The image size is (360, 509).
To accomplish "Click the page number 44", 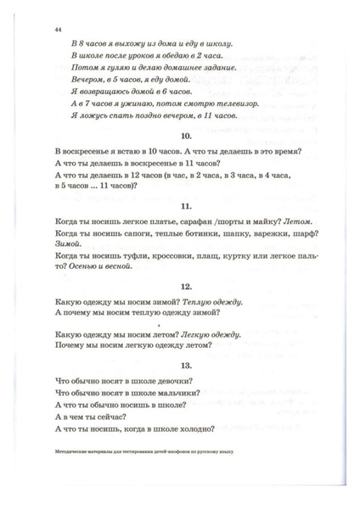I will (x=57, y=29).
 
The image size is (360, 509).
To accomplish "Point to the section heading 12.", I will (x=179, y=288).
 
